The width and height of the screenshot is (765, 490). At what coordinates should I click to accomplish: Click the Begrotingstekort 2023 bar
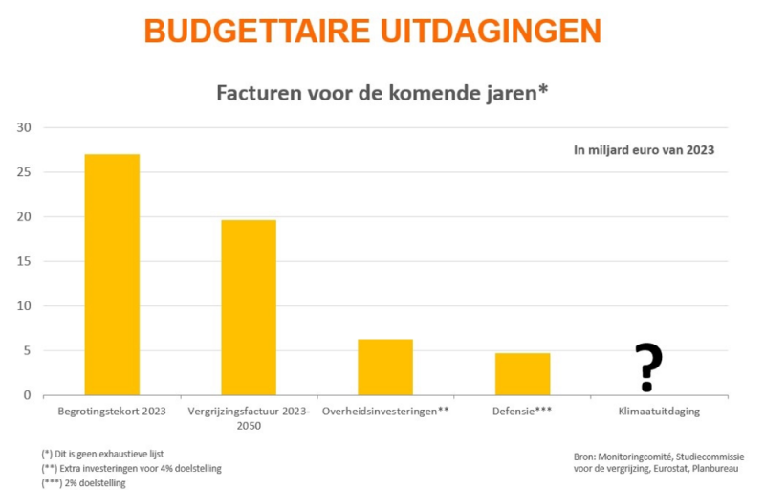pos(112,275)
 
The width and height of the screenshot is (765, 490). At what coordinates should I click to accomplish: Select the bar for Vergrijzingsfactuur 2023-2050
pos(249,307)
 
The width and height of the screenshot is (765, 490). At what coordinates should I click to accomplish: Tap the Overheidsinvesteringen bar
pos(385,367)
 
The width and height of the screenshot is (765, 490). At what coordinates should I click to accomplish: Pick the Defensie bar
pos(522,374)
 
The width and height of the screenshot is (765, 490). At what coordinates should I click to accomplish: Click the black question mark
pos(648,367)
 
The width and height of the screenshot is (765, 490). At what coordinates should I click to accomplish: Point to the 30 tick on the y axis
pos(24,128)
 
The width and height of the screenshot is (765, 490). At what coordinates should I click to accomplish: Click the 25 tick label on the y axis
pos(24,172)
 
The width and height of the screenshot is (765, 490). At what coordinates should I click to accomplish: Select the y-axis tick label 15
pos(24,261)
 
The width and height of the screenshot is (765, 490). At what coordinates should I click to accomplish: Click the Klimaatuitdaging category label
pos(660,412)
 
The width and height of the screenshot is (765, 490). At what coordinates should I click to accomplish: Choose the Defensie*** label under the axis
pos(522,412)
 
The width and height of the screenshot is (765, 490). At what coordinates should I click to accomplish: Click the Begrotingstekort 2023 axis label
pos(112,412)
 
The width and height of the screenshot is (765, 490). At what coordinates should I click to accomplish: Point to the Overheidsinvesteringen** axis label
pos(385,412)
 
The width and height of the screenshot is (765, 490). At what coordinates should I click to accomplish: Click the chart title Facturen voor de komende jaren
pos(382,93)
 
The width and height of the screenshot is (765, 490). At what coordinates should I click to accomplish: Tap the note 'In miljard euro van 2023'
pos(644,149)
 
